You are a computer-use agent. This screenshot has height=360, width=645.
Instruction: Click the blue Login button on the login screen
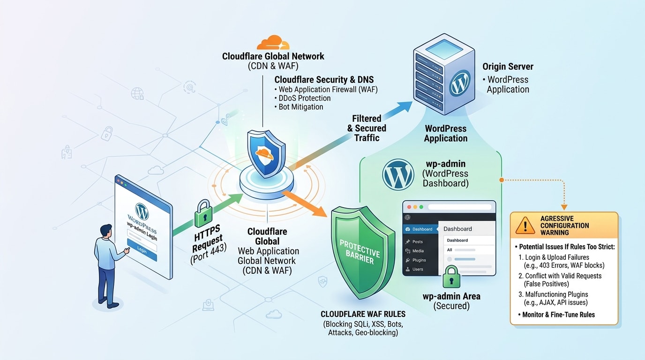tap(142, 250)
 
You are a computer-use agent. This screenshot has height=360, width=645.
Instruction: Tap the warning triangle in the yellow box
tap(525, 225)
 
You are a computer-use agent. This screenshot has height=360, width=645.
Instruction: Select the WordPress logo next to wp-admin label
tap(398, 174)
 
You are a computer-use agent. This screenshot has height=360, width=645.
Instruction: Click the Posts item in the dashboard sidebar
tap(417, 242)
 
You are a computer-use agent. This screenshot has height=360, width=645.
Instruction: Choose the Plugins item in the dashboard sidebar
tap(419, 260)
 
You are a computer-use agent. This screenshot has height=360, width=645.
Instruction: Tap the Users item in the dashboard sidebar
tap(417, 270)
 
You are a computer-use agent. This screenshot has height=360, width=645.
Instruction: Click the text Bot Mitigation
tap(300, 107)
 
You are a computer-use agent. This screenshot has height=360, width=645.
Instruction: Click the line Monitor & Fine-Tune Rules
tap(558, 315)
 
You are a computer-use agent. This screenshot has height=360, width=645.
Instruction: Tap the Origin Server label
tap(508, 67)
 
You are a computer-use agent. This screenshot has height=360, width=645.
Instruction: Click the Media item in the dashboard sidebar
tap(418, 251)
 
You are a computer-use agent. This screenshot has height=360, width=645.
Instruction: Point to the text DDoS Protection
tap(304, 98)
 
